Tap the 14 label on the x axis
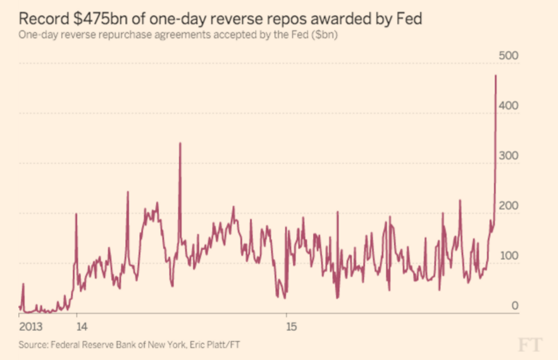tap(82, 328)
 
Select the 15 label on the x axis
tap(292, 328)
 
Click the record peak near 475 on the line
tap(495, 76)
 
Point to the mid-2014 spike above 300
tap(180, 144)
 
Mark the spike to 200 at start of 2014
tap(77, 214)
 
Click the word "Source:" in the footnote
tap(35, 345)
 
